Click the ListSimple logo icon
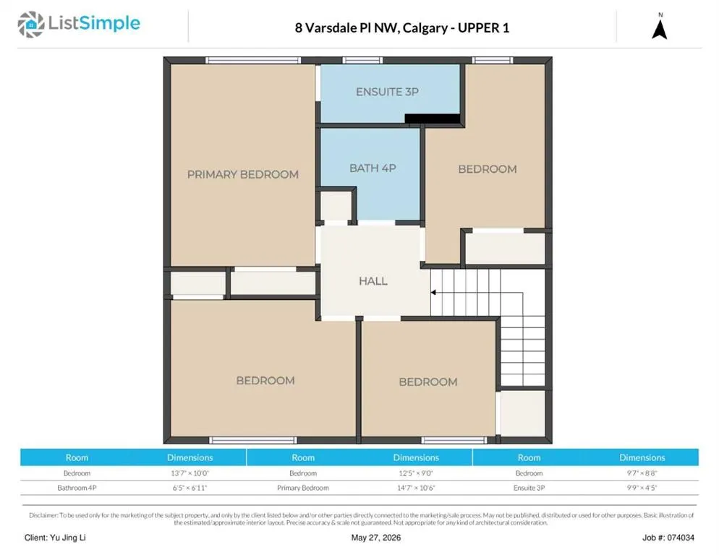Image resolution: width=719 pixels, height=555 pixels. pyautogui.click(x=30, y=24)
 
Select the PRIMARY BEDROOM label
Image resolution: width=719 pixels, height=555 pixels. pyautogui.click(x=242, y=174)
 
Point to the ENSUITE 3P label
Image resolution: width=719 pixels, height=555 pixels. pyautogui.click(x=387, y=92)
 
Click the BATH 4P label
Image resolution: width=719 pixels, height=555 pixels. pyautogui.click(x=373, y=168)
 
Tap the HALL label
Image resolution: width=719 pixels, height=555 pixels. pyautogui.click(x=373, y=281)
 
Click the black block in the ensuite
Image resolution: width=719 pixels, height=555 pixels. pyautogui.click(x=433, y=119)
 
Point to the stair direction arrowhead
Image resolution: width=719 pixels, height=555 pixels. pyautogui.click(x=433, y=293)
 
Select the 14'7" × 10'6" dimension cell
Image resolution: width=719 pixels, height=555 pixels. pyautogui.click(x=416, y=488)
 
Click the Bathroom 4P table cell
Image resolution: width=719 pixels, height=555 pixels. pyautogui.click(x=77, y=488)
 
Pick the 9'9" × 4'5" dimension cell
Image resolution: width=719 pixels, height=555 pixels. pyautogui.click(x=642, y=488)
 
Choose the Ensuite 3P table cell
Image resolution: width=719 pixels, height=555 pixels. pyautogui.click(x=529, y=488)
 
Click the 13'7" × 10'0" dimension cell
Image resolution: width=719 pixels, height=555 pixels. pyautogui.click(x=190, y=473)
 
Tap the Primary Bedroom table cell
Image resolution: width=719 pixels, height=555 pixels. pyautogui.click(x=302, y=488)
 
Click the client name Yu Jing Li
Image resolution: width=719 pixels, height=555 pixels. pyautogui.click(x=68, y=538)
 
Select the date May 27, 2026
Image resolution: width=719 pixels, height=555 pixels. pyautogui.click(x=376, y=538)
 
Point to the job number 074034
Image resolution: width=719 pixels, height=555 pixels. pyautogui.click(x=681, y=538)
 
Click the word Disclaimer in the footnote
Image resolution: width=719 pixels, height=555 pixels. pyautogui.click(x=43, y=515)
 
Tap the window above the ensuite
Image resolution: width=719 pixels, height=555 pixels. pyautogui.click(x=362, y=60)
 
